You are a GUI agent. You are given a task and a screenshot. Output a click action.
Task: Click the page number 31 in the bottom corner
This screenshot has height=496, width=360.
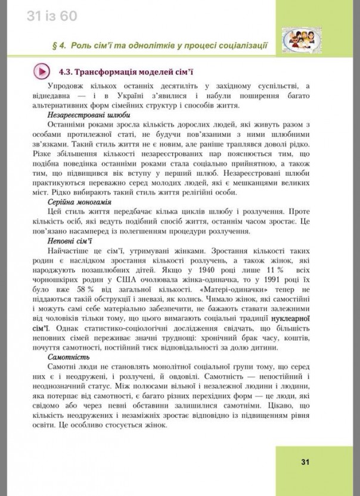(x=305, y=462)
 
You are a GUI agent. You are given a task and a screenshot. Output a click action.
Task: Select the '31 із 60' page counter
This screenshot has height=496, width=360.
(x=52, y=17)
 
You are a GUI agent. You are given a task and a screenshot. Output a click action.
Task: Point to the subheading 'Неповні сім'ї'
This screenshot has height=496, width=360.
(x=70, y=241)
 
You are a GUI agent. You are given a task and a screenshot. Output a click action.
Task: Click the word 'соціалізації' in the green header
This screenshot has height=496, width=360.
(x=241, y=45)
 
